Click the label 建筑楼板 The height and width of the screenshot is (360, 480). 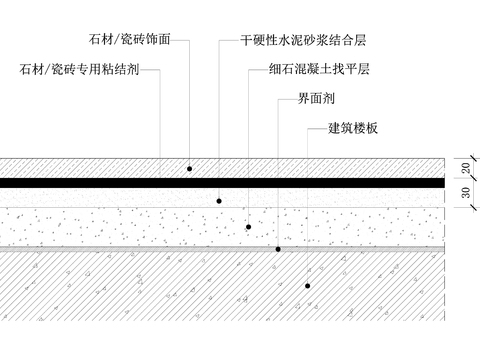pos(355,129)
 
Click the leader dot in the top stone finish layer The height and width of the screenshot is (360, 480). pos(189,169)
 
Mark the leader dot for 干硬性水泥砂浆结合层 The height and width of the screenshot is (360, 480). pos(218,199)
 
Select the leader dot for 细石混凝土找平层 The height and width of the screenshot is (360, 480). pos(247,227)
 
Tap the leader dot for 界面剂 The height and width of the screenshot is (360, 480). pos(277,247)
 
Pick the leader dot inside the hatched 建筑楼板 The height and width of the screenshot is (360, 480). pos(306,286)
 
